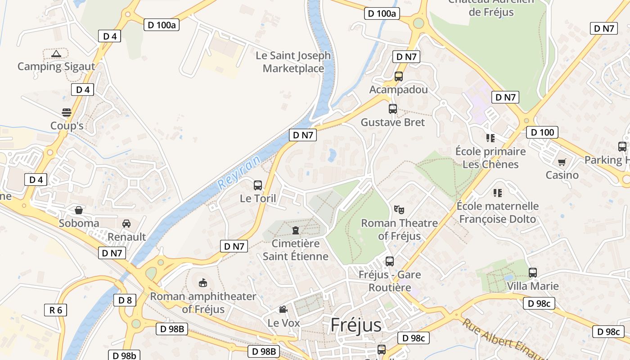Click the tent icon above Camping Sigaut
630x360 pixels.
(56, 54)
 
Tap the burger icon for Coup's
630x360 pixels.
(67, 112)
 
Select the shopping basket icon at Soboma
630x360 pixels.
(79, 210)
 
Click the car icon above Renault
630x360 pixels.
(126, 224)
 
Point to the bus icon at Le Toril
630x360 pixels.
(258, 185)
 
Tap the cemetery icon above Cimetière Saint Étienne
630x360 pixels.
(296, 230)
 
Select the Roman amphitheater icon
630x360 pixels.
(203, 283)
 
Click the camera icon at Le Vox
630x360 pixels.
(283, 310)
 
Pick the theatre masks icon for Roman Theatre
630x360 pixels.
(399, 209)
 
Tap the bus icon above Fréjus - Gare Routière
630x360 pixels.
(390, 261)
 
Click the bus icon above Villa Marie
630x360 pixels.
(533, 272)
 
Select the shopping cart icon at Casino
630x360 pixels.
(562, 162)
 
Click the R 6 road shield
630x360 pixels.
(56, 310)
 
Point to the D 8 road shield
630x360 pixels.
(125, 300)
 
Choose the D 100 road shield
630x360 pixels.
(542, 132)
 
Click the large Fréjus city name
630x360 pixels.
(355, 325)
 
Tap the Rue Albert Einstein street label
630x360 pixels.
(499, 340)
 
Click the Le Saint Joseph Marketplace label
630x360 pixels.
(293, 62)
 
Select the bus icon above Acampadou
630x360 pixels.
(399, 76)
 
